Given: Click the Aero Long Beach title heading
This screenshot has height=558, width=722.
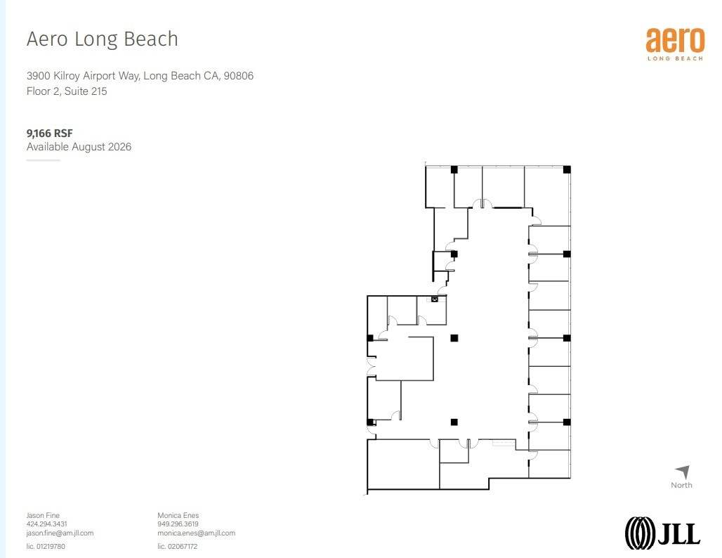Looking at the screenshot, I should pos(102,39).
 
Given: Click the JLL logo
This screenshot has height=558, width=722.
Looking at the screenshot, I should pos(662,532).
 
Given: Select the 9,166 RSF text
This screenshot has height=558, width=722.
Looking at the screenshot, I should pos(50,132).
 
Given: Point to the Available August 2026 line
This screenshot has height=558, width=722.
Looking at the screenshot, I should pos(79,147).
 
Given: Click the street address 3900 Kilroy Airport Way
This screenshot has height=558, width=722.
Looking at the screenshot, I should pos(140,76).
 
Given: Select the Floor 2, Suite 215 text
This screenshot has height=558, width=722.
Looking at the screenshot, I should pos(67,91).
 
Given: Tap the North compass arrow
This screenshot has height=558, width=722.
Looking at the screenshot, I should pos(682,472).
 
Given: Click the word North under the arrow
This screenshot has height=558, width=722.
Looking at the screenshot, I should pos(681,485).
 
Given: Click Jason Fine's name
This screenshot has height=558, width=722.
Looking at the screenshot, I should pos(43,515).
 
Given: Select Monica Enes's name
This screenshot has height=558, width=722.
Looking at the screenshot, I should pos(178,515).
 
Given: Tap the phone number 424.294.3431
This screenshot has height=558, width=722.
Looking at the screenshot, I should pos(47,524).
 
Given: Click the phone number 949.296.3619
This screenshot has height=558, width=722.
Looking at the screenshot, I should pos(178,524).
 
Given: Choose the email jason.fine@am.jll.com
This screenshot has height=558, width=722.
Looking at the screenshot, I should pos(60,533).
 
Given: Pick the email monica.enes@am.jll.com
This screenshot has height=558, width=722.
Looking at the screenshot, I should pos(196,533).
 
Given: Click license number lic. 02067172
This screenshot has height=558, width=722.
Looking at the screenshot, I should pos(177,546).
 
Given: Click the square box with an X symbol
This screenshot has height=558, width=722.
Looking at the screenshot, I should pos(434,299).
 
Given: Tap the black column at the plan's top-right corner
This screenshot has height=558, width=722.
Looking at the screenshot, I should pos(567,169).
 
